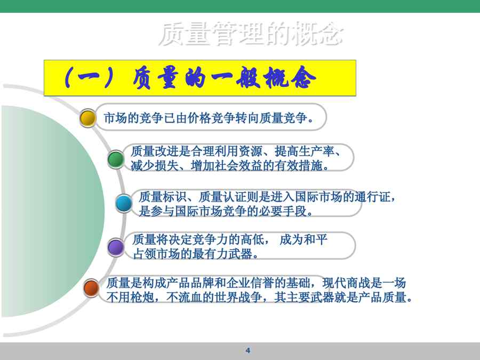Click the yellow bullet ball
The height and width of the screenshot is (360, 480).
coord(88,118)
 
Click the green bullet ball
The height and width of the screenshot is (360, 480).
coord(116,159)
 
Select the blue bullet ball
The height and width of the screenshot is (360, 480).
coord(124,203)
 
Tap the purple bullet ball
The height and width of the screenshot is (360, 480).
coord(116,247)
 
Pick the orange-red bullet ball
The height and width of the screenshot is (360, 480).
coord(91,288)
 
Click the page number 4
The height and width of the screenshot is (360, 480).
coord(248,350)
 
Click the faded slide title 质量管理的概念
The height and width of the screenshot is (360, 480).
coord(251,34)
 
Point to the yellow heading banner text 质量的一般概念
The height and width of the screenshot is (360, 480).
coord(224,78)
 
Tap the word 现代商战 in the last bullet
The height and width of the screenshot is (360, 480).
coord(346,283)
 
